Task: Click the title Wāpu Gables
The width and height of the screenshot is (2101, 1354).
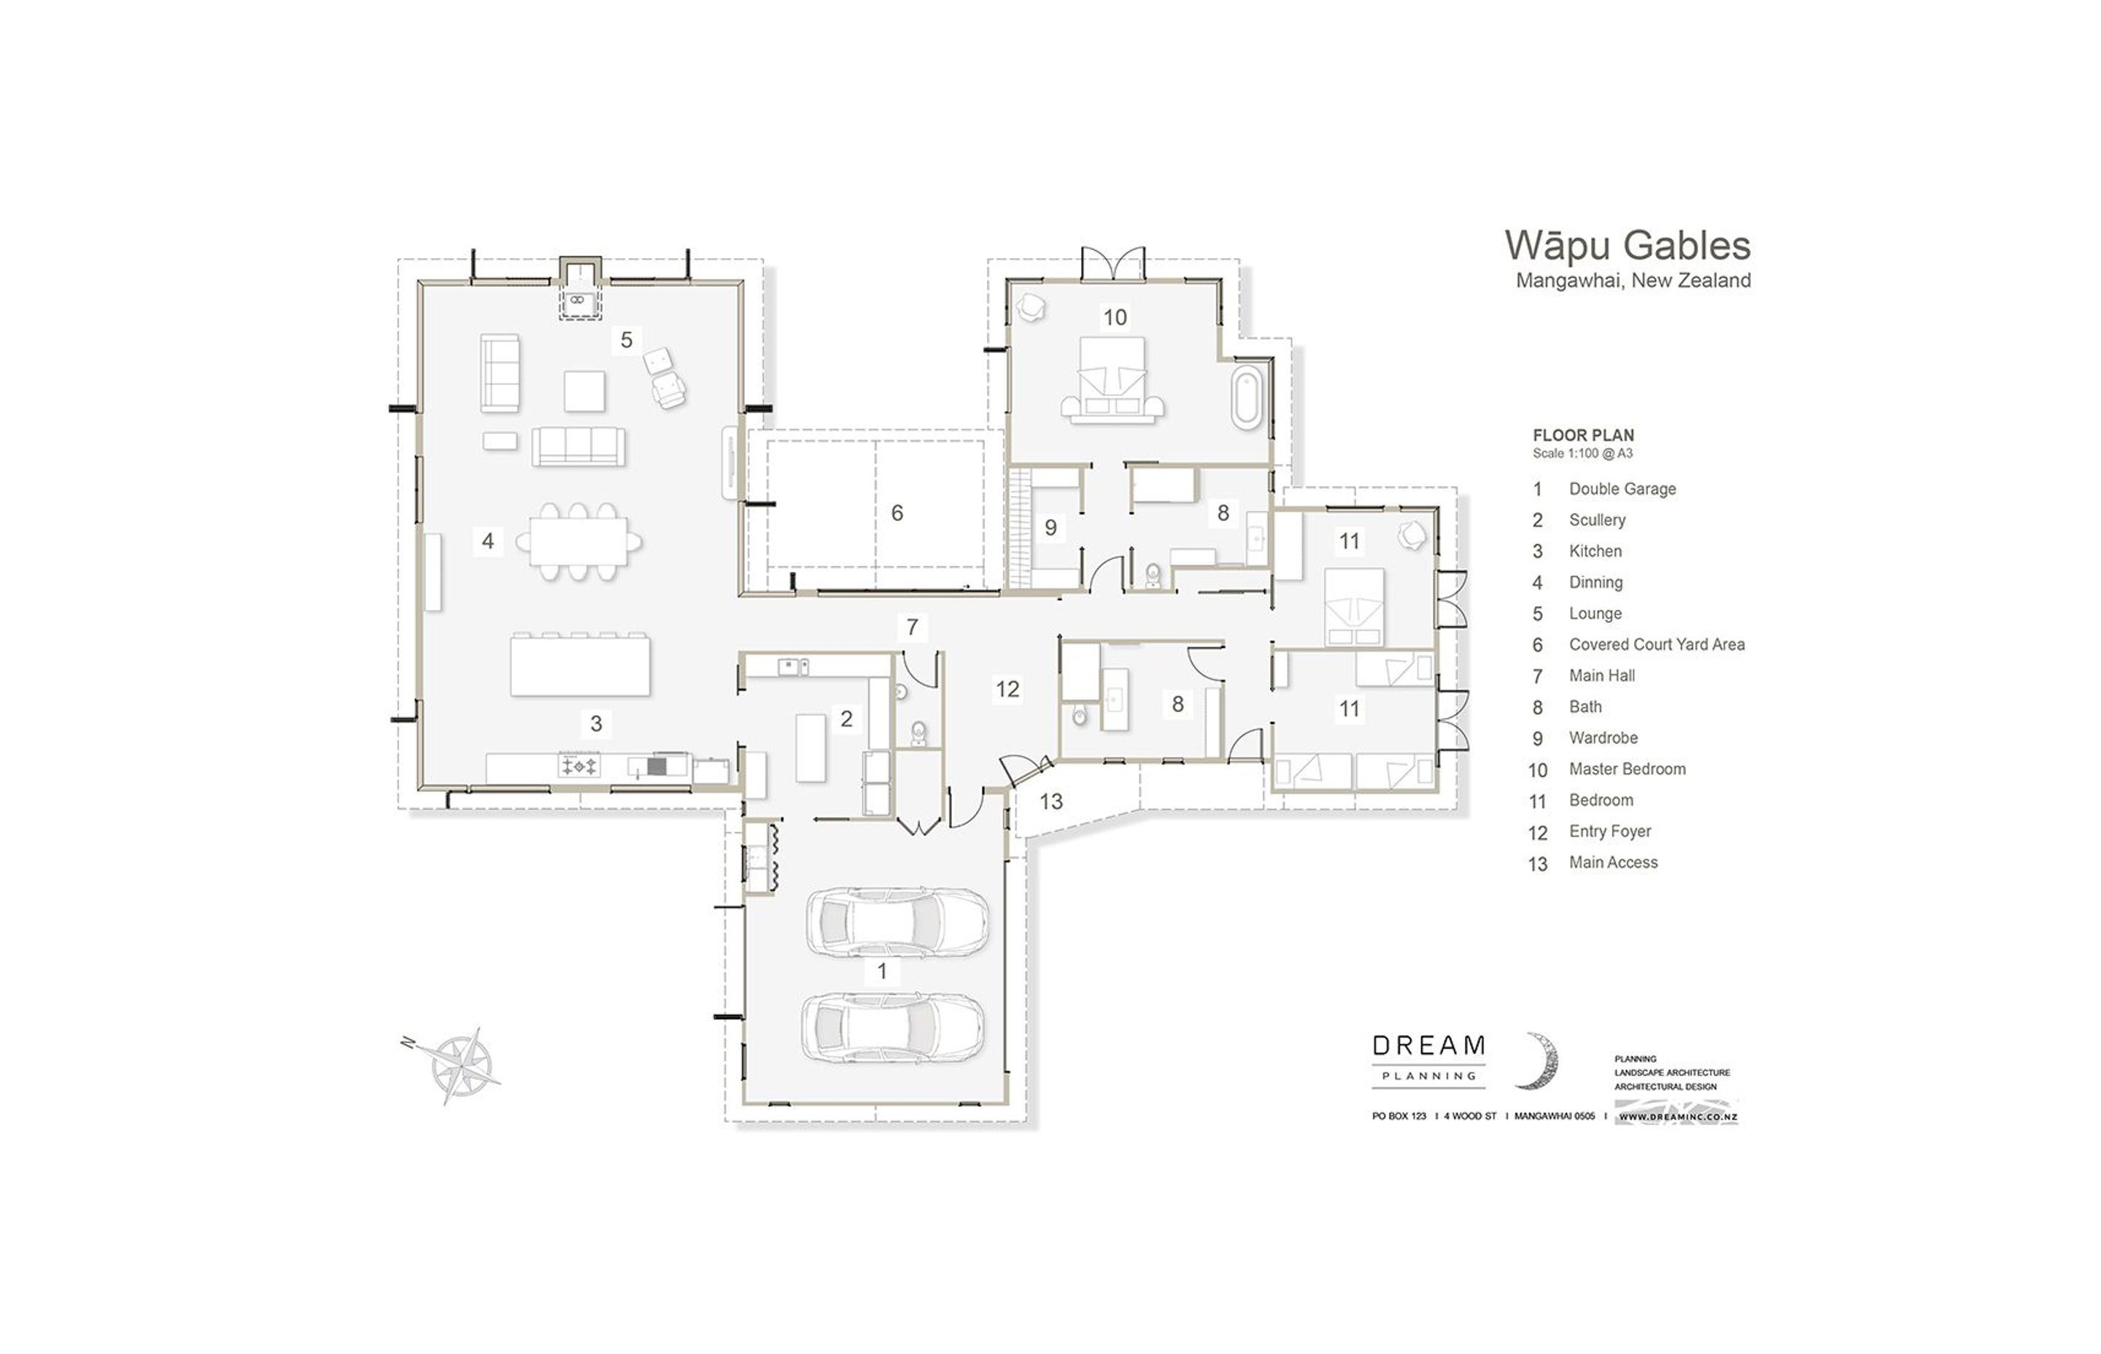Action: coord(1626,245)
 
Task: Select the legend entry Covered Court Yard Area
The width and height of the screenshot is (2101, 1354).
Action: coord(1656,644)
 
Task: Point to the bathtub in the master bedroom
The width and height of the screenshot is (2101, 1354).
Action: coord(1245,400)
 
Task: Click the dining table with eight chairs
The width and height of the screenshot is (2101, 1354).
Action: coord(578,541)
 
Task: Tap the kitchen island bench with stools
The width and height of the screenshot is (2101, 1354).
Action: coord(580,665)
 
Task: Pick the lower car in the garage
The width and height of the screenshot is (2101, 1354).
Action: coord(891,1027)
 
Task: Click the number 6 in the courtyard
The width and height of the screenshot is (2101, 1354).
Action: coord(897,513)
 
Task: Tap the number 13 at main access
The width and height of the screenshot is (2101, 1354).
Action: coord(1050,801)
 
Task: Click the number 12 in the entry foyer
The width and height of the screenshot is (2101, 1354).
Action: coord(1007,689)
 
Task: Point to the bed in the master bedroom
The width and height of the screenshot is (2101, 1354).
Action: coord(1112,380)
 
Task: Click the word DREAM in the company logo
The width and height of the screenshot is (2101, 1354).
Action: coord(1428,1045)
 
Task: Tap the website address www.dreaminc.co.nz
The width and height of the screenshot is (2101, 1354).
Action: coord(1676,1118)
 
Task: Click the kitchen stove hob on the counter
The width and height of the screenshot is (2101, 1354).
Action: coord(579,766)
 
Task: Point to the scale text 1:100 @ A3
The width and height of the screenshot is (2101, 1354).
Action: coord(1582,454)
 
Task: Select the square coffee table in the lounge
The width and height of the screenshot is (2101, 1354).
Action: coord(584,391)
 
